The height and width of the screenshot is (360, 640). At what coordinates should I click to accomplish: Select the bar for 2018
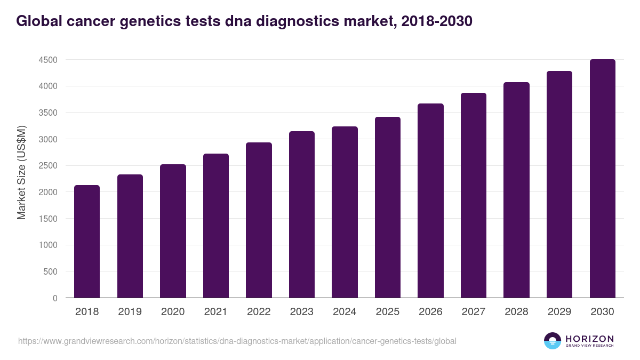point(87,241)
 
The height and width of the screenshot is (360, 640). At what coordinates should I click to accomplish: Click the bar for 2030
point(602,178)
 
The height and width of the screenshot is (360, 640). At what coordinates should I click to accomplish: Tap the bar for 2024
point(345,212)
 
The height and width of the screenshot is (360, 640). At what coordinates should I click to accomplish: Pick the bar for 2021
point(216,226)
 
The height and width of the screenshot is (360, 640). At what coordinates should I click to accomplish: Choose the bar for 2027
point(474,195)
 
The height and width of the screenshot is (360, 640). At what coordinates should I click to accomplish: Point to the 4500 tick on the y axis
point(48,60)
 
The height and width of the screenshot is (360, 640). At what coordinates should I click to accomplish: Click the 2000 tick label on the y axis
point(48,193)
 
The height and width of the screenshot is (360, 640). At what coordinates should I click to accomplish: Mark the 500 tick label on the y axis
point(50,272)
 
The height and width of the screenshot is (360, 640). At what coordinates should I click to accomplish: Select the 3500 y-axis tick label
point(48,113)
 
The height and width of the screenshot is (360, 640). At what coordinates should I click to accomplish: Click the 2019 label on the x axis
point(130,312)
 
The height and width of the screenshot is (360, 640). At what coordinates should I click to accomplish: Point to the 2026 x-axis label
point(430,312)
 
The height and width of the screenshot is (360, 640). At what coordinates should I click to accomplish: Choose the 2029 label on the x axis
point(559,312)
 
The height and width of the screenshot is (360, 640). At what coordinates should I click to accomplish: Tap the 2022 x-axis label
point(259,312)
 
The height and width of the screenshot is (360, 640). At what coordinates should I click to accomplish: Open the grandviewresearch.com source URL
point(237,341)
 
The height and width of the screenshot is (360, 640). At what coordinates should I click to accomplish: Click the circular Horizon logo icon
point(553,341)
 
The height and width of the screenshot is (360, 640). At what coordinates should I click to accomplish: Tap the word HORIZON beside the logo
point(589,338)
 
